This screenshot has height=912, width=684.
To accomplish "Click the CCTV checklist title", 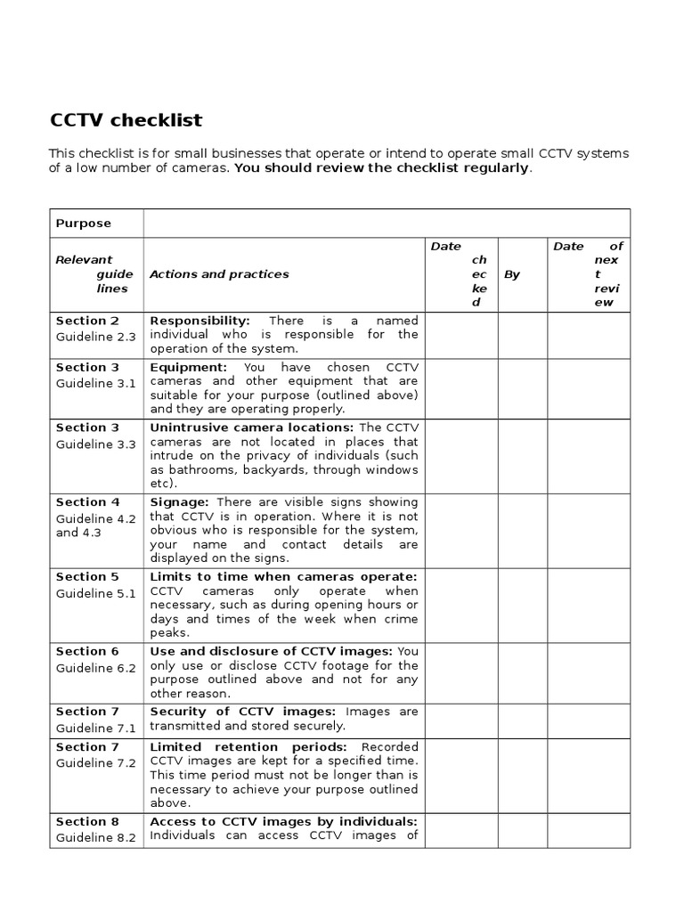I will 125,119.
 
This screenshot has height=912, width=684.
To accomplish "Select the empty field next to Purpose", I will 387,223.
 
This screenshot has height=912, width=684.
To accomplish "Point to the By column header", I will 512,274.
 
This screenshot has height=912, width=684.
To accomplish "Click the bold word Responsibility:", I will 199,321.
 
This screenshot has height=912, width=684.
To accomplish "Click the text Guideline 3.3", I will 95,444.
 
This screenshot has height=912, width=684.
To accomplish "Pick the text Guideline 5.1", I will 95,593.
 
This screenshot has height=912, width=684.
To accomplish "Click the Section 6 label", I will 87,652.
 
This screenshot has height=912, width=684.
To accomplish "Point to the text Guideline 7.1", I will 95,728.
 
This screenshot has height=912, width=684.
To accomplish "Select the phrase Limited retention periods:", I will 251,746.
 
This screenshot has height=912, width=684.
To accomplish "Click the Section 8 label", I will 87,821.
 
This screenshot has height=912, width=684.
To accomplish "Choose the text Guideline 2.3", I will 95,337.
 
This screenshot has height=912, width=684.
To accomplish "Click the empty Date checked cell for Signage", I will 461,531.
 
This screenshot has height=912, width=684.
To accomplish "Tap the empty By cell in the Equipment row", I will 522,388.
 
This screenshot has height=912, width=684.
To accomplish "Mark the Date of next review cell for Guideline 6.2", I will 588,673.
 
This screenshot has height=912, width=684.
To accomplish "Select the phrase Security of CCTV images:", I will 242,712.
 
